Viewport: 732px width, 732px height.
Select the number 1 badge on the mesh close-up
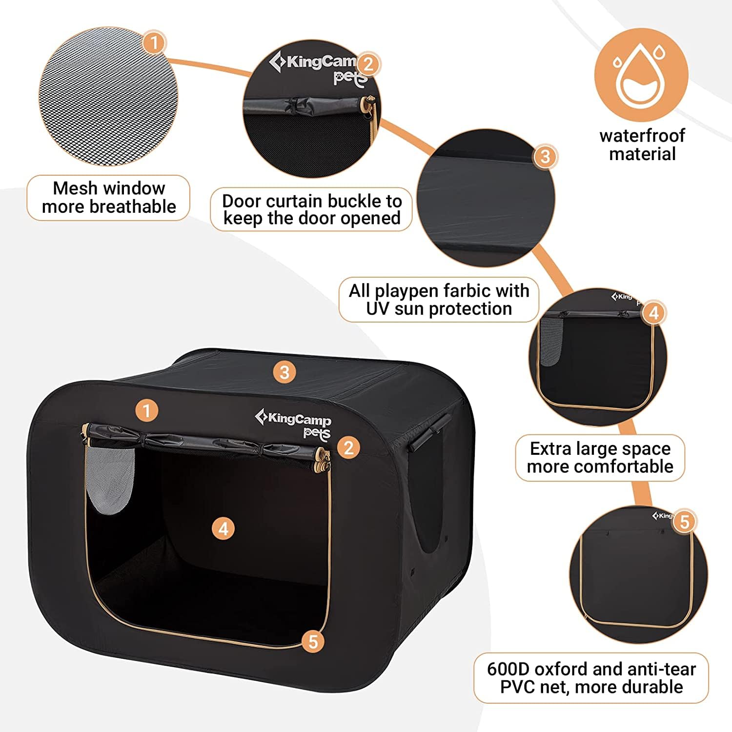(154, 42)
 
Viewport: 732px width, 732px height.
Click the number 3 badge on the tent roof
(285, 372)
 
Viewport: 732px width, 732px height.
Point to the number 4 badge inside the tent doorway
(224, 529)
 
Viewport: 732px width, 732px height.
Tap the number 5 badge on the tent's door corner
(313, 642)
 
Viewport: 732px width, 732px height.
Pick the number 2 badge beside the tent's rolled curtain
(348, 447)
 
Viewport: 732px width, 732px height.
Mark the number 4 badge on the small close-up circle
(654, 313)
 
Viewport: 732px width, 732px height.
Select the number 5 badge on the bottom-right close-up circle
(684, 521)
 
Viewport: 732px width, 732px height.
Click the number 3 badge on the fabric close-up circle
(545, 156)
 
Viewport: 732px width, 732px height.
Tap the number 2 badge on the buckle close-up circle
(368, 64)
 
